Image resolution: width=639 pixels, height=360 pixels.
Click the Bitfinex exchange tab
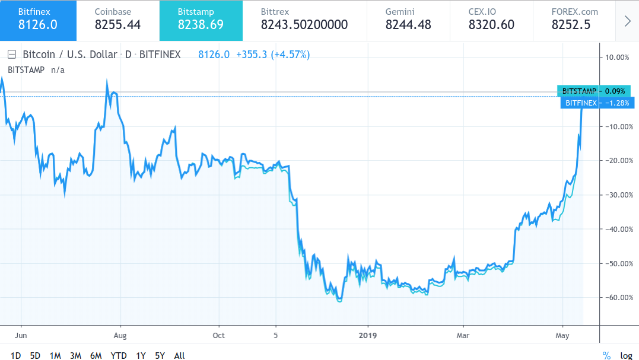point(38,20)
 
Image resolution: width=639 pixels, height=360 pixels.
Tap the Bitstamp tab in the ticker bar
point(201,20)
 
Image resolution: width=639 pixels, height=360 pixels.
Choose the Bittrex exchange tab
point(304,20)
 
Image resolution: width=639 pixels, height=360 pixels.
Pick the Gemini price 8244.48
point(409,25)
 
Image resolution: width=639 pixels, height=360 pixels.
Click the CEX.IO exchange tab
point(491,20)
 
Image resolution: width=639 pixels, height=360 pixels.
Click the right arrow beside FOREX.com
point(628,21)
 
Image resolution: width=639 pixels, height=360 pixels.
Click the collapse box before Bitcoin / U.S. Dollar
point(11,55)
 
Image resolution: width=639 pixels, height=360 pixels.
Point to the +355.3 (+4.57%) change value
point(272,55)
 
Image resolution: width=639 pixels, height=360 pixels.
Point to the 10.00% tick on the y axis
point(617,58)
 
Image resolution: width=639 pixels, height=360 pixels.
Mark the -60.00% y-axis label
point(617,298)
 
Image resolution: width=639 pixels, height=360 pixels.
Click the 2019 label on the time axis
point(368,335)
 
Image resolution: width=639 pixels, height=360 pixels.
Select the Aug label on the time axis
point(120,335)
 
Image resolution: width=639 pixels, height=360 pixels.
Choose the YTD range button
point(119,355)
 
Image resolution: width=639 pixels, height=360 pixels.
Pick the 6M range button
point(96,355)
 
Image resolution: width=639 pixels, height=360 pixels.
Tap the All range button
point(180,355)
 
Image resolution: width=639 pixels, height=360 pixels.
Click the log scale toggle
point(627,355)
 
